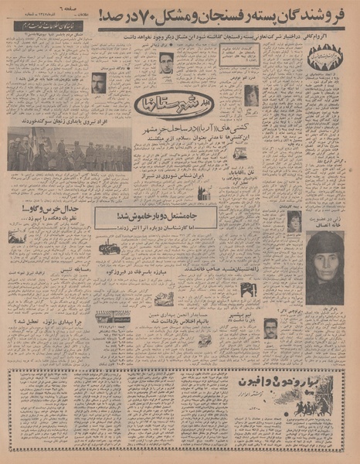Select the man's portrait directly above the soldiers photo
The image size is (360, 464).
click(x=98, y=83)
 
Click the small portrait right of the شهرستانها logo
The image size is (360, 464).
click(x=251, y=95)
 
